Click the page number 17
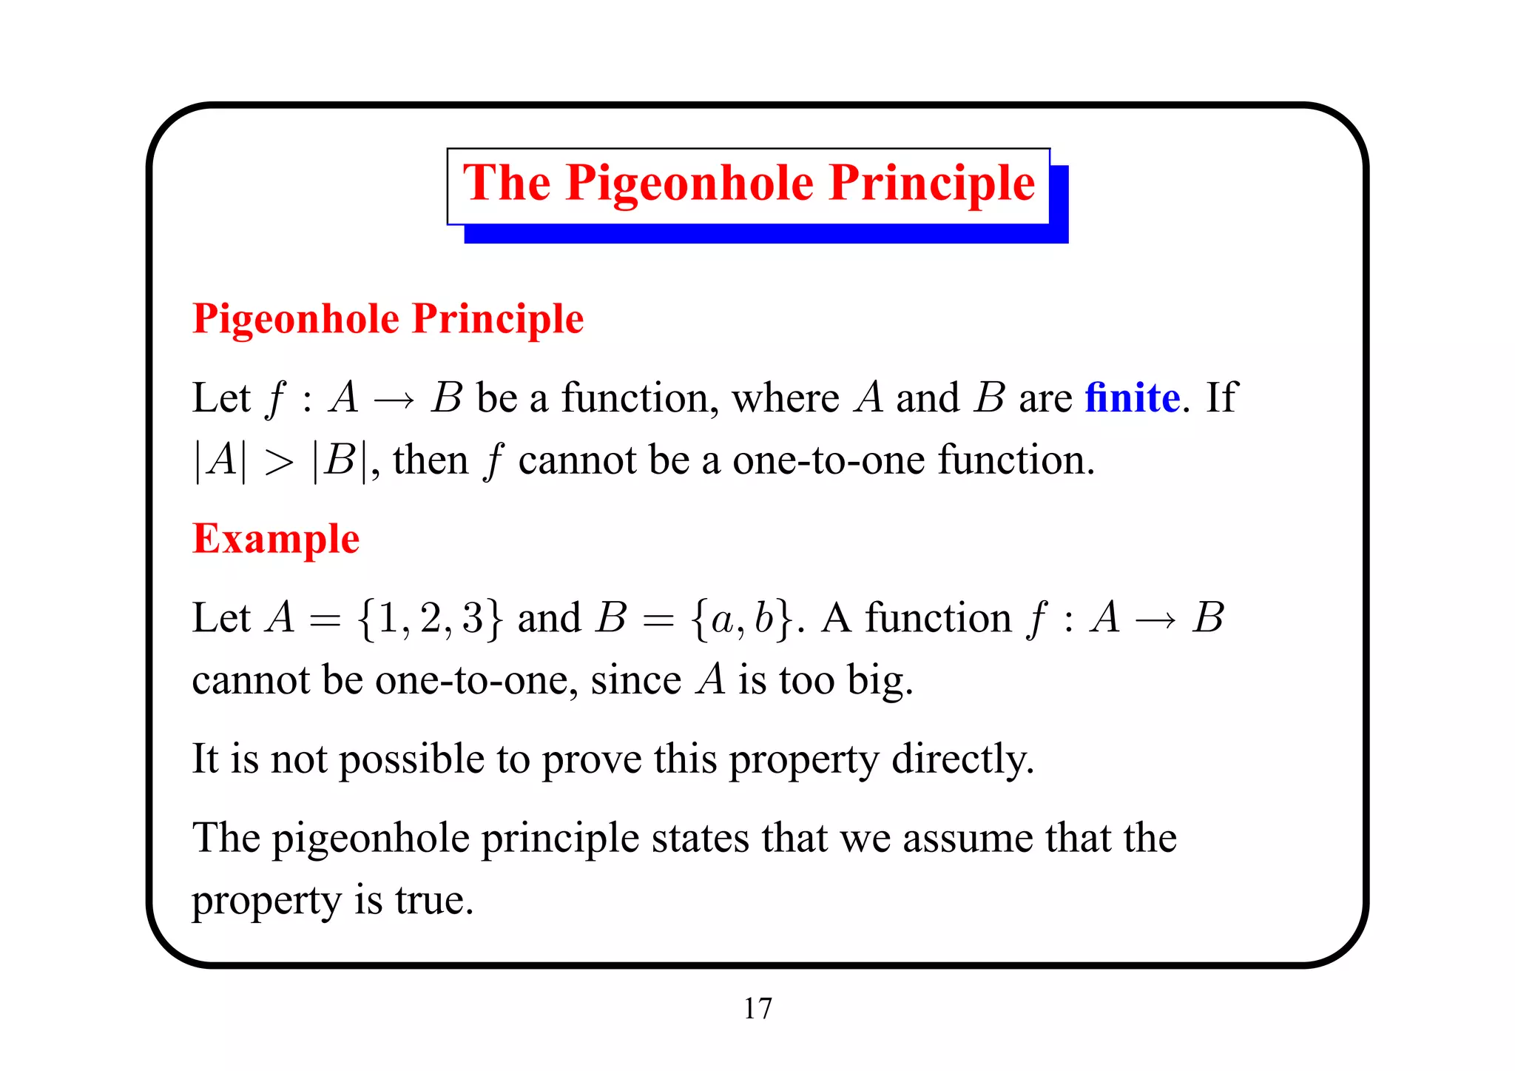[x=757, y=1008]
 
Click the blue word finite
[x=1132, y=398]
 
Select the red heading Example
[x=276, y=539]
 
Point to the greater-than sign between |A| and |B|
[x=279, y=463]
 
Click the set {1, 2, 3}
[x=430, y=618]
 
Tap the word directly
[x=962, y=759]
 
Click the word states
[x=700, y=839]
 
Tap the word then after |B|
[x=431, y=460]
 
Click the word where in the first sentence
[x=786, y=398]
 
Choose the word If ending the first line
[x=1221, y=398]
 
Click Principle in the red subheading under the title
[x=498, y=319]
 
